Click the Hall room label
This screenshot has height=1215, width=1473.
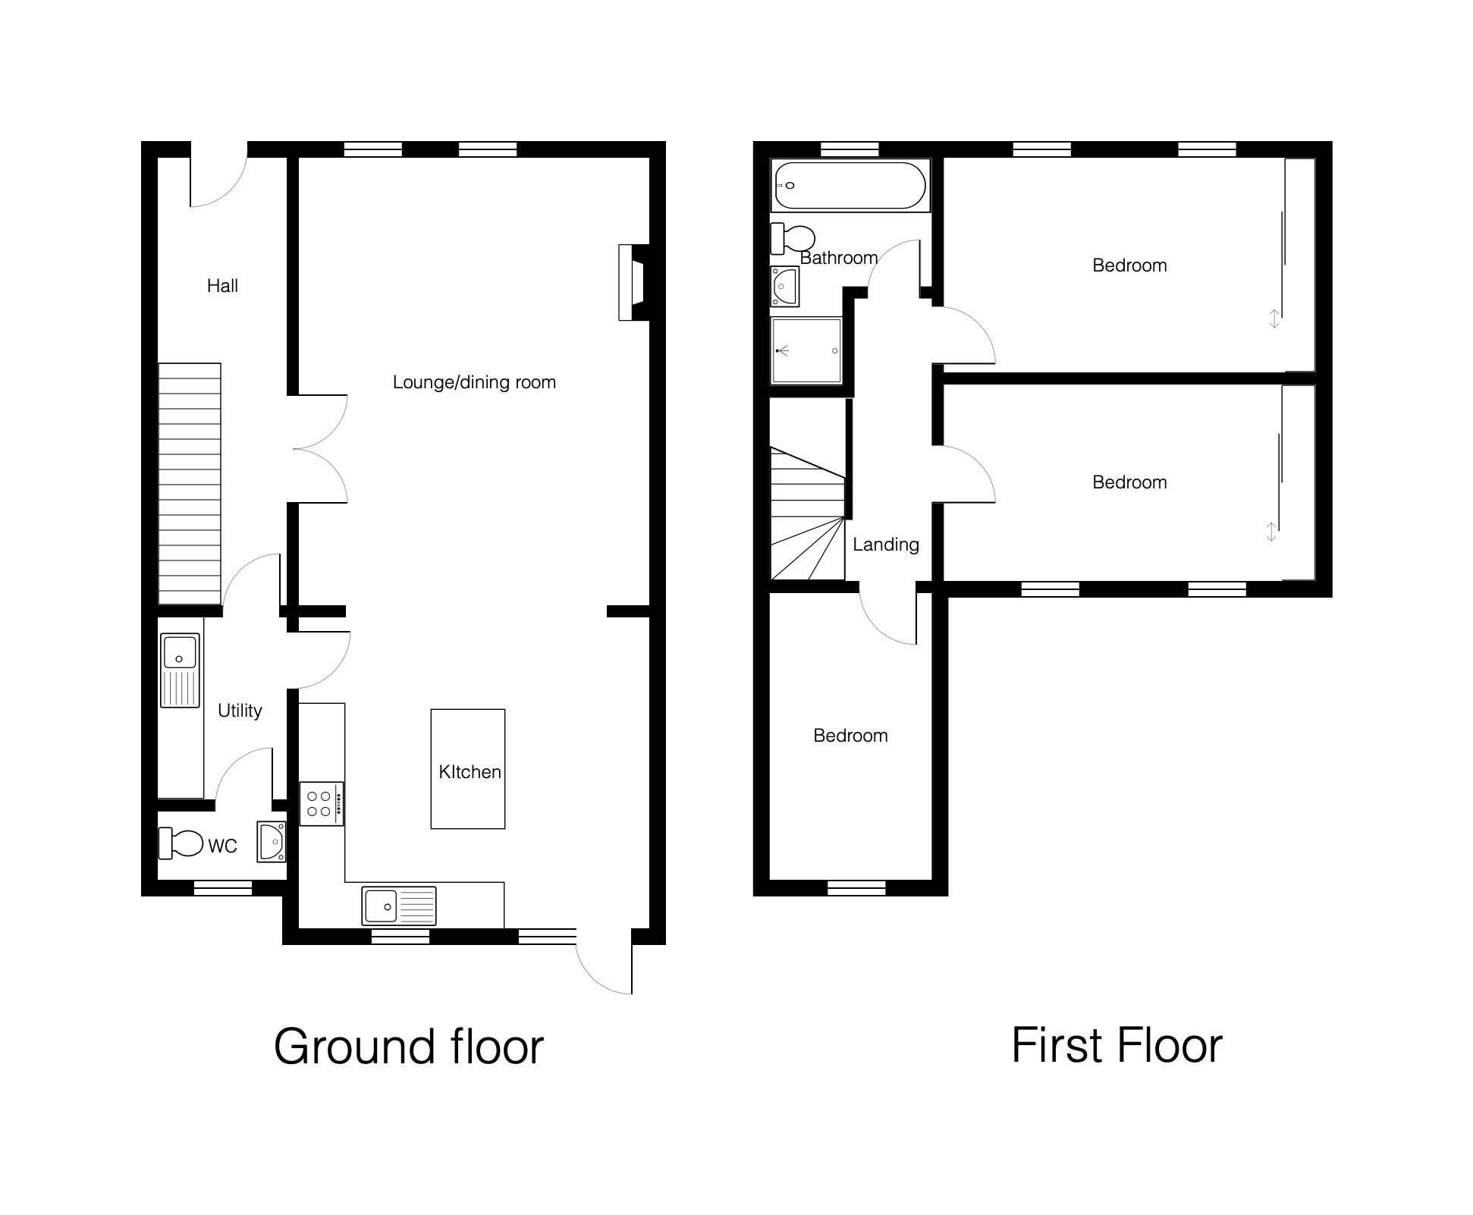click(222, 286)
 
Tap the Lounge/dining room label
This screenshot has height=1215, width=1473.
click(474, 382)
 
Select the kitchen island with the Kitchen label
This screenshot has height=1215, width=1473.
click(468, 768)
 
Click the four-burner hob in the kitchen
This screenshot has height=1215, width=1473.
click(322, 804)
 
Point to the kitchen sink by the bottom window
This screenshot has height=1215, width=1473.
click(399, 906)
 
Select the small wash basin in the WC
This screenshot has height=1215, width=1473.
click(271, 842)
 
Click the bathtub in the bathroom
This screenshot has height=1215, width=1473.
click(850, 185)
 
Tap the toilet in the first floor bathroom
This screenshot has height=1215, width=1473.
click(793, 239)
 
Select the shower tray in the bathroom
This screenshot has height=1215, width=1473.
click(806, 350)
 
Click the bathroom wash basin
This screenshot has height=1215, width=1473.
click(785, 286)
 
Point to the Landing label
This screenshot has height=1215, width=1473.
click(885, 545)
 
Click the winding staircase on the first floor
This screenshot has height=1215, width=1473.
click(808, 513)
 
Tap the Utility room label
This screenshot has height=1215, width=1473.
click(240, 711)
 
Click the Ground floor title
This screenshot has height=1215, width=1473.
click(409, 1047)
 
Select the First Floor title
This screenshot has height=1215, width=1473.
click(1117, 1045)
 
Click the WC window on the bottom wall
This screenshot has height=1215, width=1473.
click(223, 888)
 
